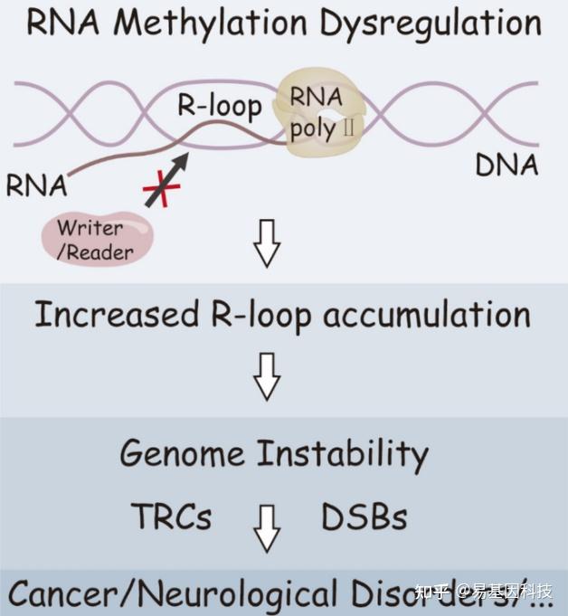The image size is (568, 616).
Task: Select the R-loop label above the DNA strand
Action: click(218, 106)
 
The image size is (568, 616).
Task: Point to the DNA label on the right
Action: click(506, 165)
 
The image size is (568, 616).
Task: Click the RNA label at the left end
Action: click(37, 185)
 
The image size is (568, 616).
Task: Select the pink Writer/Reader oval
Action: click(97, 237)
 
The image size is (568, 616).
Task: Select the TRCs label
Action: click(171, 516)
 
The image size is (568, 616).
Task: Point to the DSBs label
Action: click(364, 516)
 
